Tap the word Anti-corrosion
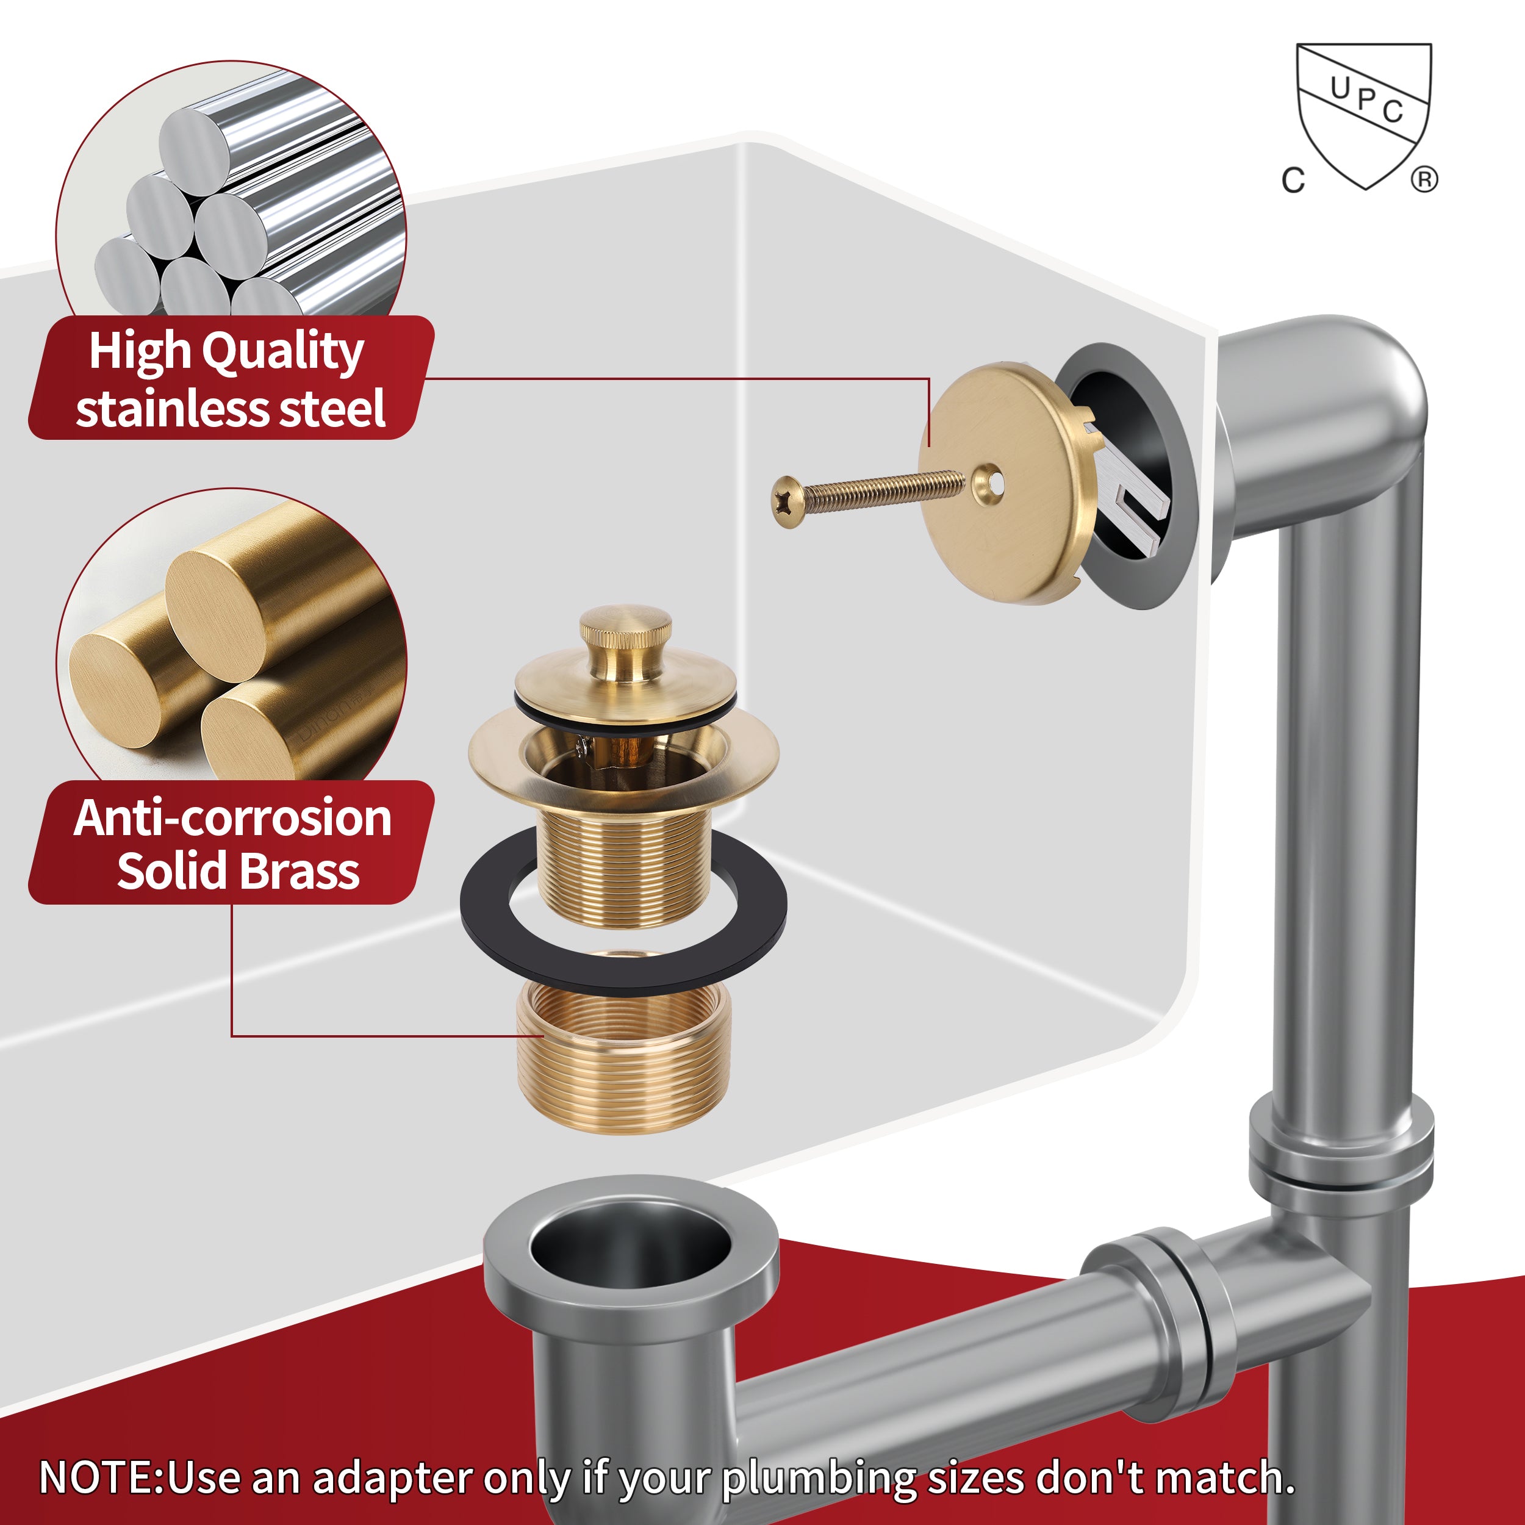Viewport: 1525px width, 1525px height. [233, 819]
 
